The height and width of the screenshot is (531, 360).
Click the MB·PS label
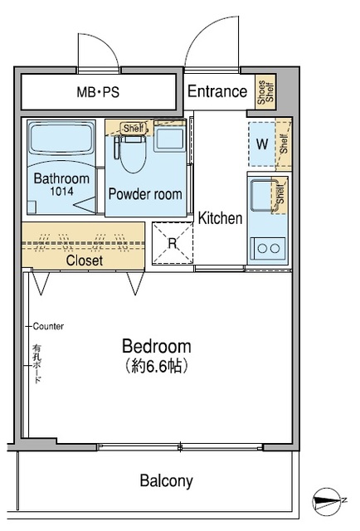tap(98, 92)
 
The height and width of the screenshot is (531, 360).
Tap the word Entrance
tap(217, 91)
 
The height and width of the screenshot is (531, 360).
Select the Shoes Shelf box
tap(265, 92)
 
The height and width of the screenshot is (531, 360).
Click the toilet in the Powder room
tap(133, 153)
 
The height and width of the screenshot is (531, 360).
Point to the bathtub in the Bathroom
tap(61, 139)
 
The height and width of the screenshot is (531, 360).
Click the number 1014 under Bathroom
tap(61, 192)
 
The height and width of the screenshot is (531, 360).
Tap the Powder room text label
tap(145, 194)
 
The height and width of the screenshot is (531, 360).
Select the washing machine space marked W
tap(262, 144)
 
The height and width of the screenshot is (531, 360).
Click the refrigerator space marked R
tap(173, 243)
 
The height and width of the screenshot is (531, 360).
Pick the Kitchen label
tap(220, 218)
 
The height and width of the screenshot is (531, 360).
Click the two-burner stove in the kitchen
tap(268, 249)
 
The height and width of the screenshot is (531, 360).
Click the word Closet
tap(85, 261)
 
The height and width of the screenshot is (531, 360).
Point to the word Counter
tap(48, 326)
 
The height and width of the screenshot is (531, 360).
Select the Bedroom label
tap(157, 346)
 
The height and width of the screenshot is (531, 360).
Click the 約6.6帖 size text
tap(157, 366)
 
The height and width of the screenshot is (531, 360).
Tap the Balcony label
tap(166, 480)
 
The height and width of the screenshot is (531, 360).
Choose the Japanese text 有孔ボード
tap(36, 363)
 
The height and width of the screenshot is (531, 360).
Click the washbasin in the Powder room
tap(169, 139)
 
